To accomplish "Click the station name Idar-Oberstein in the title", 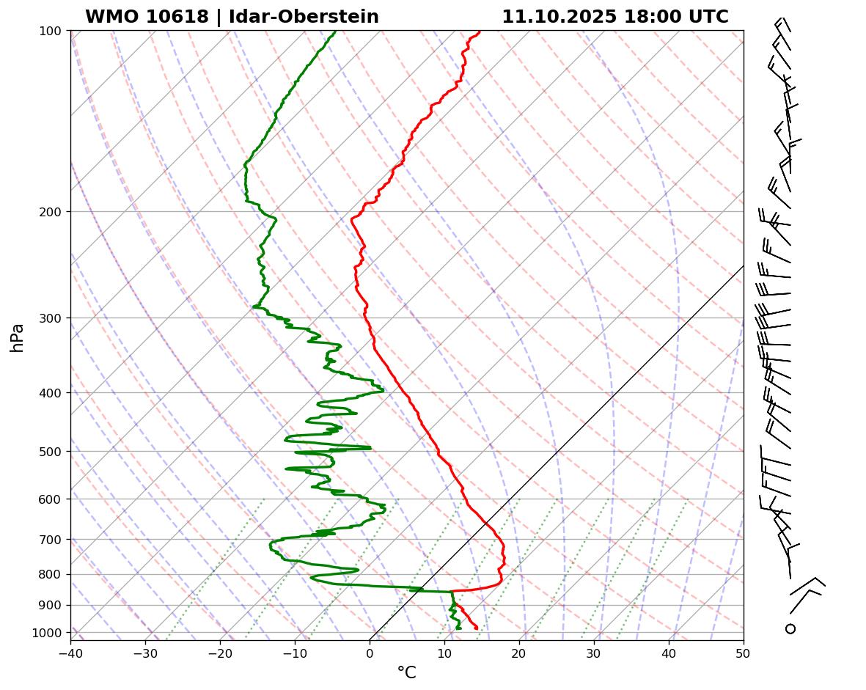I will (304, 17).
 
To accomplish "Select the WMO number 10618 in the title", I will (175, 17).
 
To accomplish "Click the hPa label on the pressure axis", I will (18, 337).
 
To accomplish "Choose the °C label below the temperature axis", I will (406, 672).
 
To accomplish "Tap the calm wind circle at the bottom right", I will (790, 628).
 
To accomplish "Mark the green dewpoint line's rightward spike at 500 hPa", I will (369, 447).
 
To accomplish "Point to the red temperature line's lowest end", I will (477, 628).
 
